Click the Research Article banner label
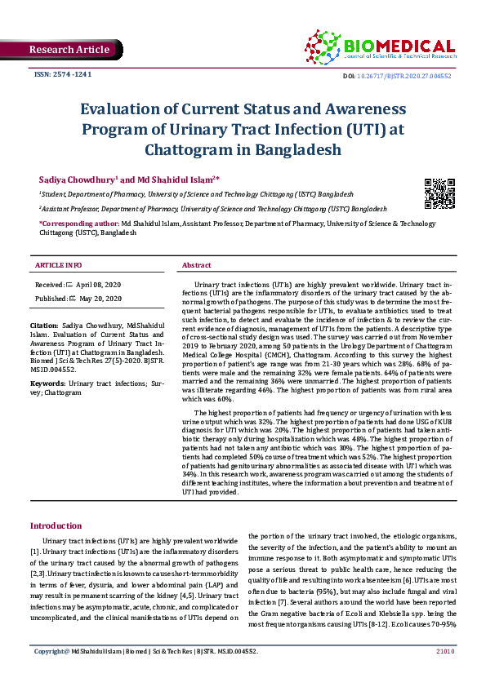pos(69,50)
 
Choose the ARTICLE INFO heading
pos(59,265)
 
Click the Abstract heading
pos(197,265)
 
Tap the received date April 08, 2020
pos(98,284)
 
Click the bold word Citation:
pos(45,326)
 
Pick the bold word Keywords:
pos(47,383)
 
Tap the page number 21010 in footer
pos(444,675)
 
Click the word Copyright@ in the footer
pos(51,675)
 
